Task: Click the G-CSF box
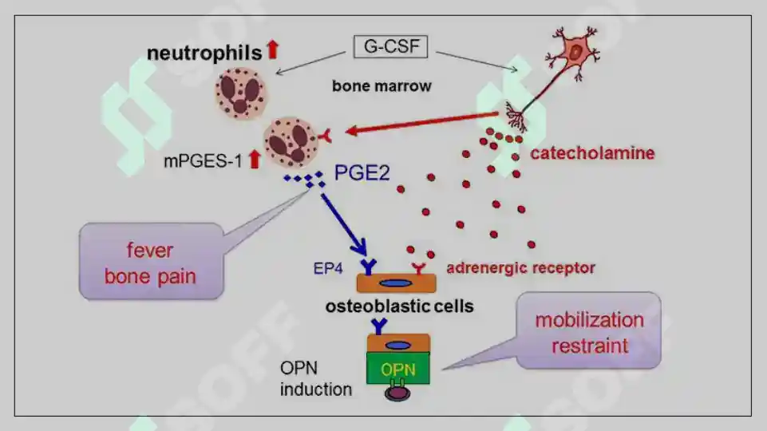(x=391, y=47)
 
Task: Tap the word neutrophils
(x=204, y=53)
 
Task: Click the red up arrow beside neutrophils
(x=273, y=50)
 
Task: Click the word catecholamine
(x=592, y=153)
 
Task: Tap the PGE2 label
(x=362, y=172)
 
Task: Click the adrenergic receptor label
(x=520, y=268)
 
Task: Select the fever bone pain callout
(x=150, y=263)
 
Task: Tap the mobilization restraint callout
(x=589, y=331)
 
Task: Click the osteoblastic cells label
(x=399, y=306)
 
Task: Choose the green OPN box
(x=397, y=369)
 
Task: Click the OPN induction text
(x=315, y=379)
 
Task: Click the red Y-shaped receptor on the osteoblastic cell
(x=417, y=265)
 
